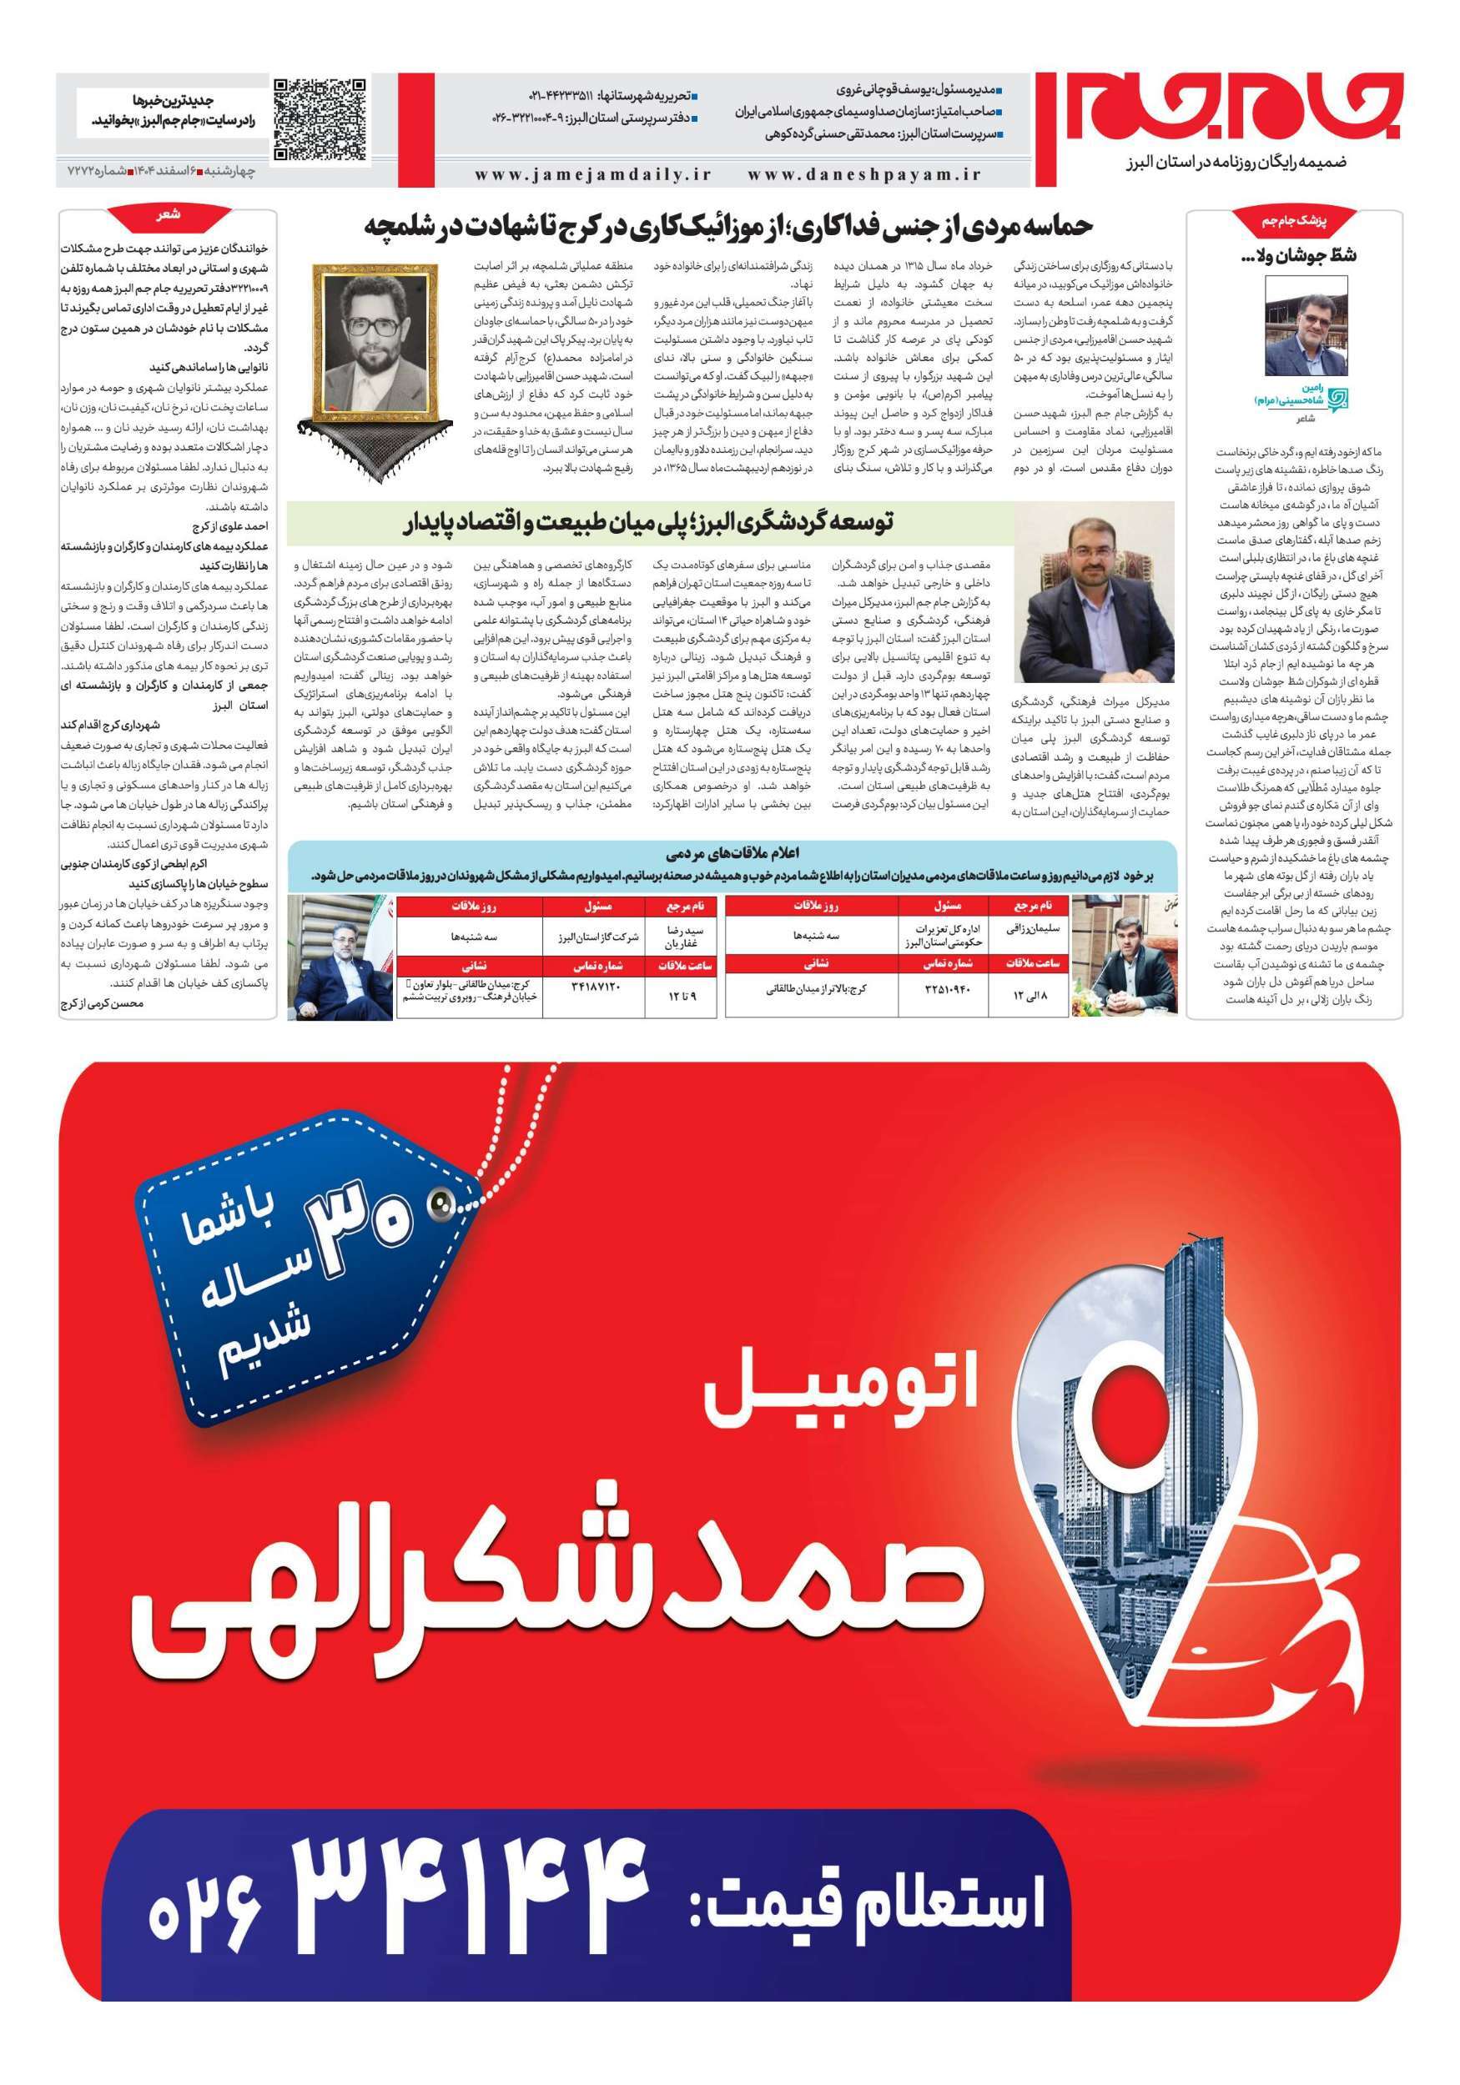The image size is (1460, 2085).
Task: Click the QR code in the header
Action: tap(320, 120)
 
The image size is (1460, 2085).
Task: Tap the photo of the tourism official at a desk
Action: tap(1093, 595)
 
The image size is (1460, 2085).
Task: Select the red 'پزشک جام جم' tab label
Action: tap(1295, 222)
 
